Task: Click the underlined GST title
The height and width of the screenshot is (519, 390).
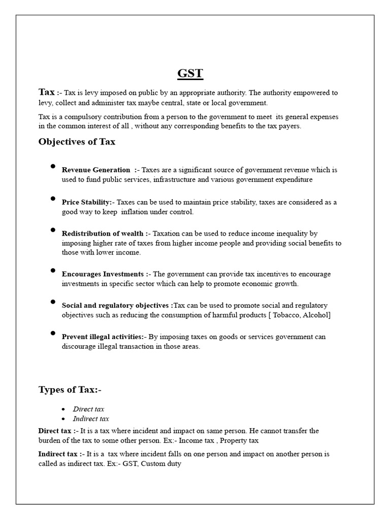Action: (190, 73)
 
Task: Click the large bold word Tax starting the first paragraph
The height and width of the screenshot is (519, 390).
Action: (47, 92)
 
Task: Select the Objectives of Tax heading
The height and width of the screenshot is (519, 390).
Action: (77, 141)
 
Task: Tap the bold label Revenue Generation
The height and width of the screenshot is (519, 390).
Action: (96, 170)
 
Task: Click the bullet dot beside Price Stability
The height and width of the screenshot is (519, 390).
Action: (53, 199)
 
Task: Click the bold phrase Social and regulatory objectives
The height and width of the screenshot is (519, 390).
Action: (116, 306)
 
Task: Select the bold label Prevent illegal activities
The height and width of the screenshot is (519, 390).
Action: (102, 337)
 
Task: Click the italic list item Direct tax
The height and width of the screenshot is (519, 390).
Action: (88, 409)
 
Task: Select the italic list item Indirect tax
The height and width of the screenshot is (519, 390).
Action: (91, 419)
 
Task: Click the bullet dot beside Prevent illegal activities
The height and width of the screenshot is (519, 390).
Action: (53, 333)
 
